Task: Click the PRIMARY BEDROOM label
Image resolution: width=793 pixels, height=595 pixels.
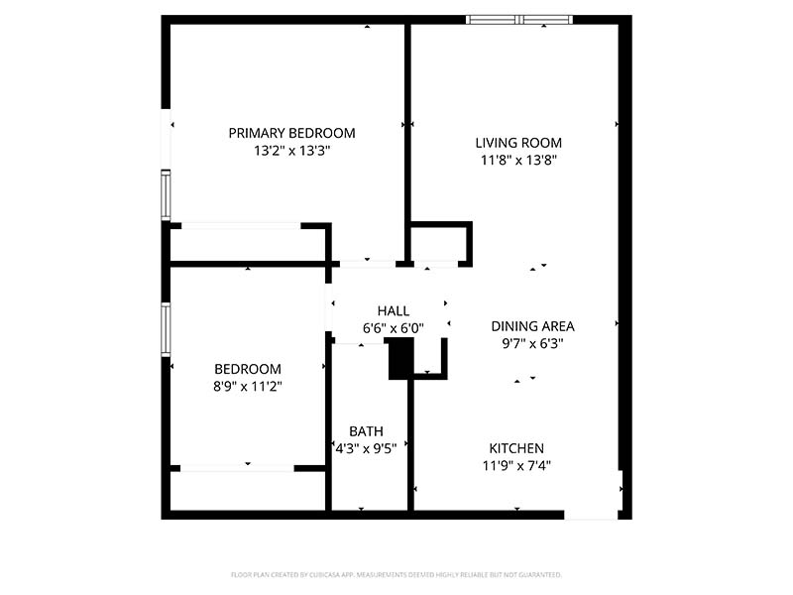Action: pyautogui.click(x=291, y=133)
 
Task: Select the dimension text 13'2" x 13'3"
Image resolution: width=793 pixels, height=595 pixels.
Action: pyautogui.click(x=291, y=152)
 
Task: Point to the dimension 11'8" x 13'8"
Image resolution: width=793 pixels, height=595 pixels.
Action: pyautogui.click(x=518, y=160)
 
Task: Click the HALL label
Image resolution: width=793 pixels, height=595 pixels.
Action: pyautogui.click(x=393, y=310)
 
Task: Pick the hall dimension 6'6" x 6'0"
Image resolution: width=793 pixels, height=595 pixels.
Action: pyautogui.click(x=393, y=328)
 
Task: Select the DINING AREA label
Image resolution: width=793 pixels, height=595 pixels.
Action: pyautogui.click(x=532, y=325)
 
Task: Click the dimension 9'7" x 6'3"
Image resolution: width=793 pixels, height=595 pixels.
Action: pyautogui.click(x=532, y=344)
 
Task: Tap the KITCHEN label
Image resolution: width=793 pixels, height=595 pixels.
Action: pyautogui.click(x=516, y=448)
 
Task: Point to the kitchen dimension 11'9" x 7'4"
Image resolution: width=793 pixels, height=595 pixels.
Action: pyautogui.click(x=516, y=465)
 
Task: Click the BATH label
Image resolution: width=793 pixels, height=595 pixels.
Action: pyautogui.click(x=366, y=431)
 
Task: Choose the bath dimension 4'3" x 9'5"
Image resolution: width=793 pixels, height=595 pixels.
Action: pyautogui.click(x=366, y=448)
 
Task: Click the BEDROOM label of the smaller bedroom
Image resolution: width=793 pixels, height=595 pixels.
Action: pyautogui.click(x=248, y=369)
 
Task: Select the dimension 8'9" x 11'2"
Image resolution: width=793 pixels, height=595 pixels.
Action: pyautogui.click(x=248, y=387)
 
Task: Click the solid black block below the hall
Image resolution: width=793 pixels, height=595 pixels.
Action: pyautogui.click(x=398, y=358)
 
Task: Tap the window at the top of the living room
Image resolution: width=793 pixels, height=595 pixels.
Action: pyautogui.click(x=519, y=19)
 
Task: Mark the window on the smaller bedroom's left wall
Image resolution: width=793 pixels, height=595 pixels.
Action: pyautogui.click(x=166, y=327)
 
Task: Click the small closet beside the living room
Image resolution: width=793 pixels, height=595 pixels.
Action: pyautogui.click(x=438, y=244)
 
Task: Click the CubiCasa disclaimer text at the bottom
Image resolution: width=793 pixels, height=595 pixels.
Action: pyautogui.click(x=396, y=574)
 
